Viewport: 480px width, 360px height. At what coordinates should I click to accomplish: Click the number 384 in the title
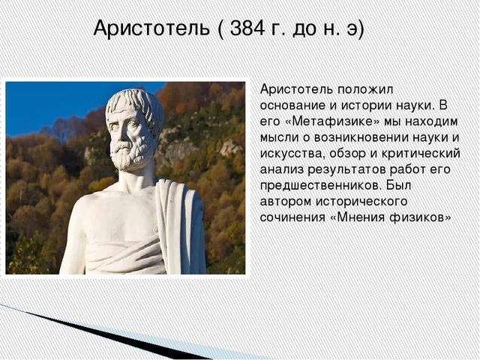point(247,28)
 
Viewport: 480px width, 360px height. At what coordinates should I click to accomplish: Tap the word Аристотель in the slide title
point(151,28)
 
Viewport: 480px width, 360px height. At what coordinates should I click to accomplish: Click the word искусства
point(292,154)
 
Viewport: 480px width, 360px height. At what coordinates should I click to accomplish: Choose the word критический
point(421,154)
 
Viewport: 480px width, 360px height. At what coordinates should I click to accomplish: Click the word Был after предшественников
point(398,185)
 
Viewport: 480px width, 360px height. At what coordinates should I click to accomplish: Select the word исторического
point(361,202)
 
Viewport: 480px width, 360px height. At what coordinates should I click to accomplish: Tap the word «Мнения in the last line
point(358,217)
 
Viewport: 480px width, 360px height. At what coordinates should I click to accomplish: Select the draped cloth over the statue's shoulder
point(181,226)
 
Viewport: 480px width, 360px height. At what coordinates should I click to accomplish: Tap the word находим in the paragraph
point(432,121)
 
